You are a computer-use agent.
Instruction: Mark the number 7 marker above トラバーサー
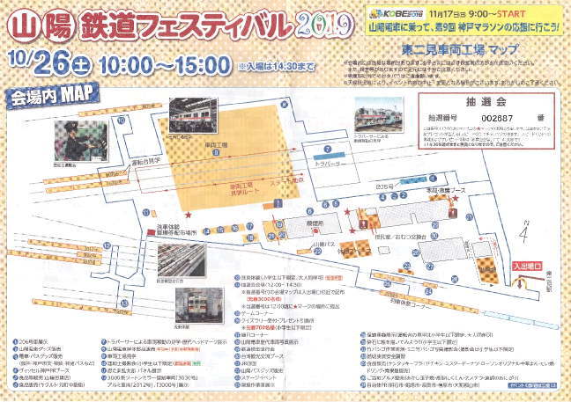click(327, 150)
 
